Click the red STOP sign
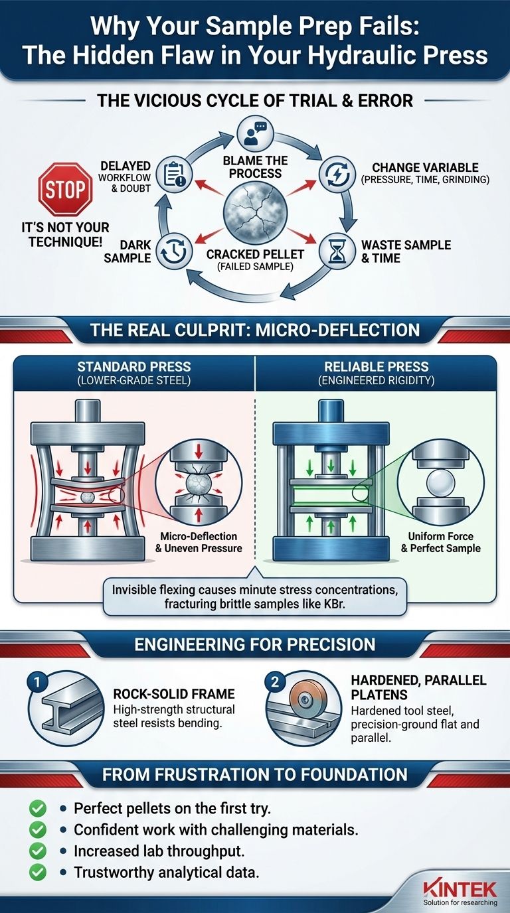(65, 189)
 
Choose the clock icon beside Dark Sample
(174, 251)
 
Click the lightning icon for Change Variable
(336, 175)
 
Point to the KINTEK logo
(460, 888)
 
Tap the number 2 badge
(275, 682)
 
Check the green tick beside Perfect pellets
(38, 808)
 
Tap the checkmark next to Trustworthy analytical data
(38, 872)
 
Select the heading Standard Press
(134, 366)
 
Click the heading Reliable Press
(376, 366)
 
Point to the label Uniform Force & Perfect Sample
(441, 542)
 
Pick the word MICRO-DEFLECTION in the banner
(337, 330)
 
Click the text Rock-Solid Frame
(174, 693)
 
